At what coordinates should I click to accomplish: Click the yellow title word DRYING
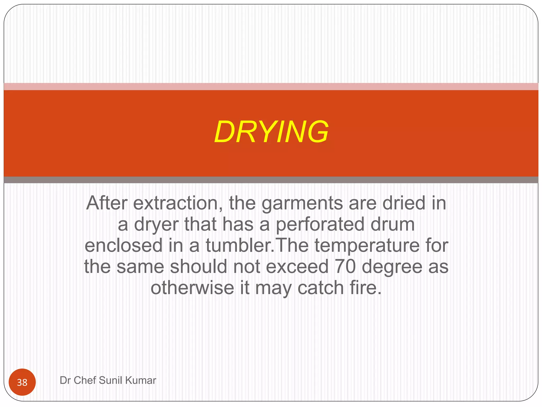(x=271, y=132)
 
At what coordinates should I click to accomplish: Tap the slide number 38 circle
(x=22, y=382)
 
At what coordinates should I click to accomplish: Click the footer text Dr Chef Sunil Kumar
(x=108, y=380)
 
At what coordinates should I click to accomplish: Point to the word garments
(x=302, y=203)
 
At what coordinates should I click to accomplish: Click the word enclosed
(x=124, y=245)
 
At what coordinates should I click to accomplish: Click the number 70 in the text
(x=345, y=267)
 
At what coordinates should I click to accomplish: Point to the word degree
(x=392, y=267)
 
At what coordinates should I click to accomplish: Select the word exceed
(x=297, y=267)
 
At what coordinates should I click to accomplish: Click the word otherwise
(x=192, y=288)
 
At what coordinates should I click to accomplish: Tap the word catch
(x=320, y=288)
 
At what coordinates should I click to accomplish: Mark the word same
(x=140, y=267)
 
